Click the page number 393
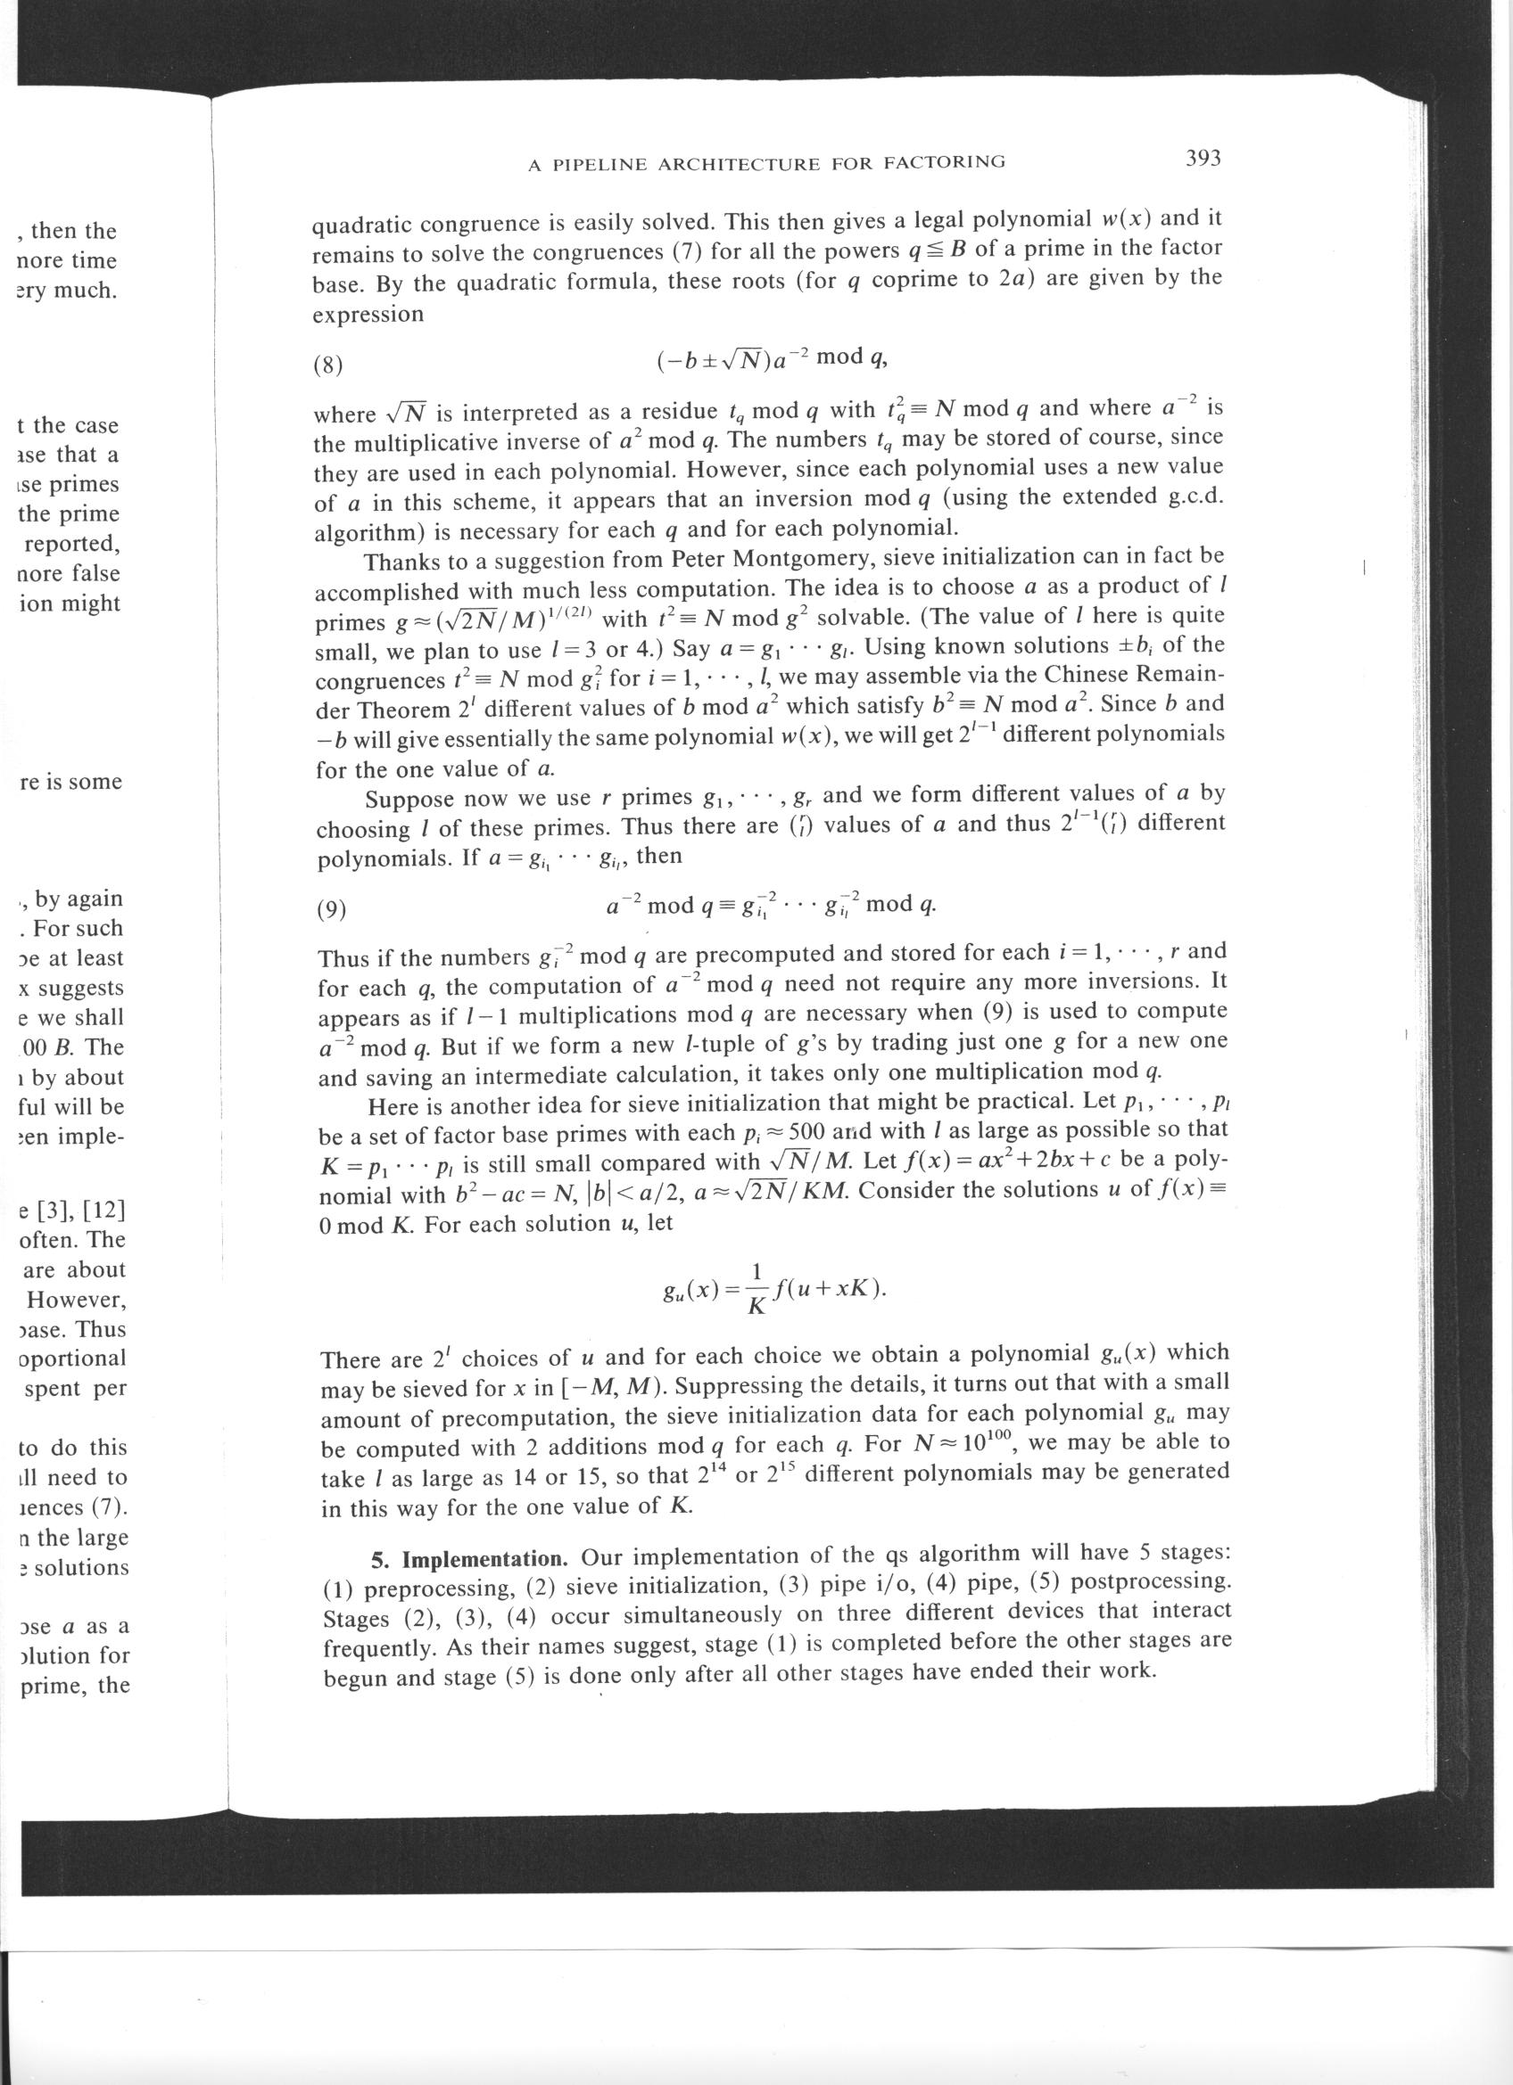coord(1203,159)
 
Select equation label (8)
coord(327,365)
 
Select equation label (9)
coord(331,910)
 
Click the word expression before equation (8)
coord(368,315)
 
